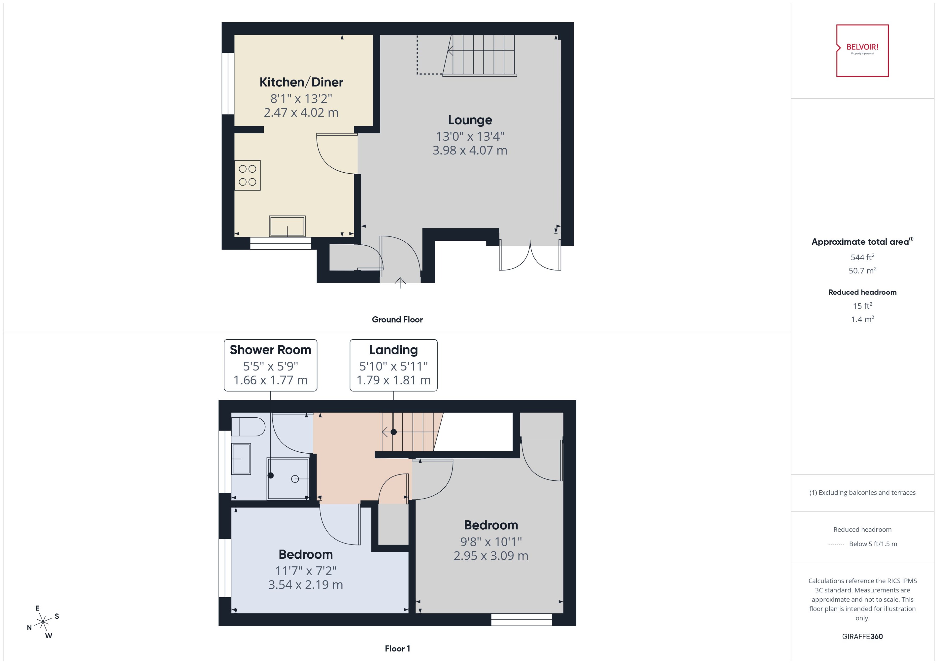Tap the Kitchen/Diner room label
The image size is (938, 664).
click(301, 82)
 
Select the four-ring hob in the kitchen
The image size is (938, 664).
click(247, 175)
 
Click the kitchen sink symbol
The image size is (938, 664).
click(287, 226)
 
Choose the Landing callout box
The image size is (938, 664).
click(393, 365)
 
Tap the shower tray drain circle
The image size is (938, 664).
click(295, 479)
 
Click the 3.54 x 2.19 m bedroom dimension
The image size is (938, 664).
click(305, 585)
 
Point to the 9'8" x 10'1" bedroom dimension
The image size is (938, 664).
click(491, 542)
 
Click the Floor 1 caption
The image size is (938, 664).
click(397, 648)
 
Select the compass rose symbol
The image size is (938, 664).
click(43, 622)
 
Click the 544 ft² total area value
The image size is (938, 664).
click(862, 257)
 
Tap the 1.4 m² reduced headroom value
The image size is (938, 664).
click(862, 319)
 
